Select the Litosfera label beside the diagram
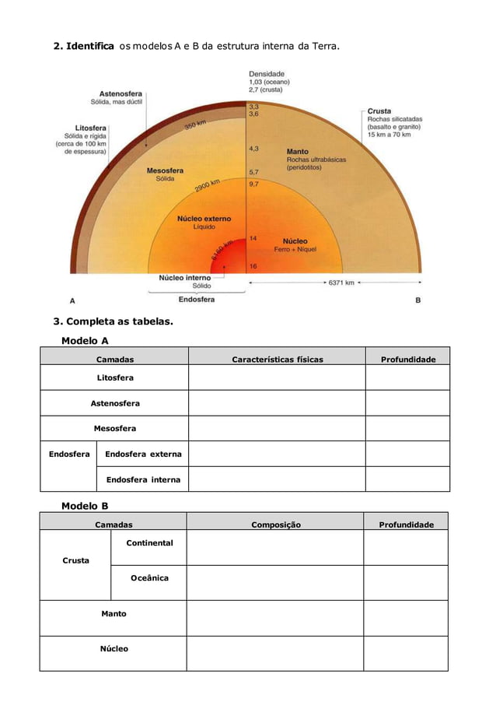click(x=91, y=127)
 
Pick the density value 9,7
click(x=254, y=184)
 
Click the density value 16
click(x=253, y=266)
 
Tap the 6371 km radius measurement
click(x=341, y=283)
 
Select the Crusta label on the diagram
click(x=379, y=111)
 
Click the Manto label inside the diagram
click(x=297, y=152)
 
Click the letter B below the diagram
click(x=418, y=300)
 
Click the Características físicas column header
click(x=278, y=360)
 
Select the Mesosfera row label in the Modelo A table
click(x=115, y=428)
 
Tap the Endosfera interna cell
click(x=143, y=479)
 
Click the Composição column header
click(x=275, y=525)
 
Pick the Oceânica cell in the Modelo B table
click(x=148, y=577)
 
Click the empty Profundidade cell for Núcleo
click(x=405, y=653)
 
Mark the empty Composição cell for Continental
click(x=274, y=547)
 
